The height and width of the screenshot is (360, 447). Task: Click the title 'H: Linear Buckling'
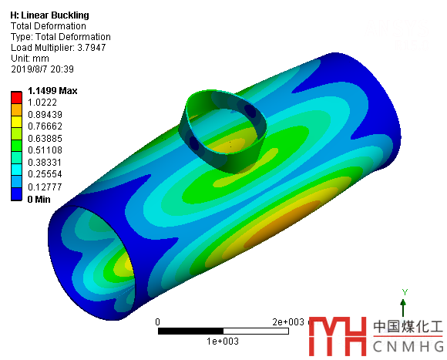(x=49, y=15)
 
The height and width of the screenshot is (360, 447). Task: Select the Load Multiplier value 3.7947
(x=92, y=47)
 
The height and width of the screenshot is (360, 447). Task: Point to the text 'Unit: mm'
(x=30, y=58)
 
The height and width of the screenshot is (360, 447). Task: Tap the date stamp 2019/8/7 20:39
(x=42, y=69)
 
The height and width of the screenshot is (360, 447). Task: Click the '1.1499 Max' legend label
(x=52, y=91)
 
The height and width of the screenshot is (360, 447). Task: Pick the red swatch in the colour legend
(x=16, y=97)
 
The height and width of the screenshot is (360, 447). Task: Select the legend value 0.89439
(x=45, y=115)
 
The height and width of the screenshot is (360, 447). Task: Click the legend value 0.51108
(x=45, y=150)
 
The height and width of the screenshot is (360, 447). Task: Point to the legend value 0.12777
(x=45, y=187)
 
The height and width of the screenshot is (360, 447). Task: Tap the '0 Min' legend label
(x=39, y=199)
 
